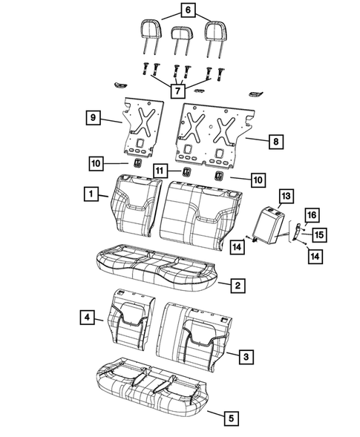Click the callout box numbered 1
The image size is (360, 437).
point(89,194)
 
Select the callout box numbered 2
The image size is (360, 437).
point(237,285)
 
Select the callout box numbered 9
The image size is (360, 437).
point(91,116)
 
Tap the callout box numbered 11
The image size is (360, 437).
point(160,171)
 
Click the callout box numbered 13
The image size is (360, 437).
point(285,196)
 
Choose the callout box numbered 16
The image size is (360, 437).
point(312,215)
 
